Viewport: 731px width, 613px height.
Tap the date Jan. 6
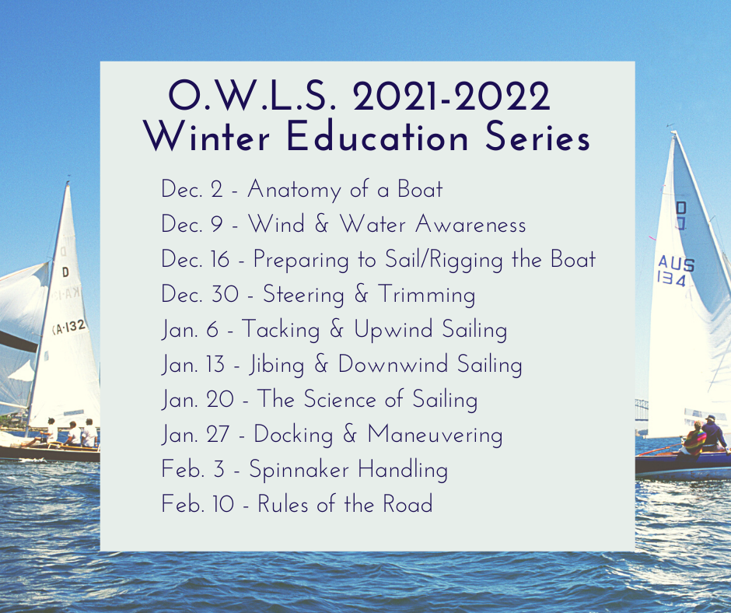(189, 330)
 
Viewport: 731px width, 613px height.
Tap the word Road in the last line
(407, 504)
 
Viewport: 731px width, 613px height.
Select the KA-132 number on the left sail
(68, 328)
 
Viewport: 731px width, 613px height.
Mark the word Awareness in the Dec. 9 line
(470, 225)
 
